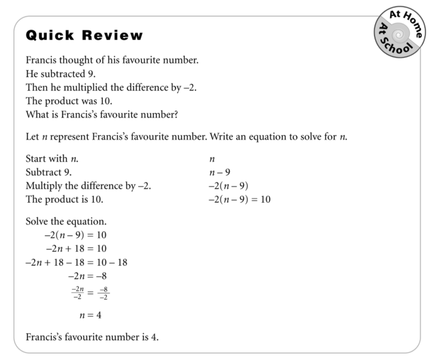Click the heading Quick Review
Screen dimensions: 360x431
tap(84, 36)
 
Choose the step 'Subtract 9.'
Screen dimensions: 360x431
tap(48, 173)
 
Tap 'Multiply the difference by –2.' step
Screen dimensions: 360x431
tap(88, 186)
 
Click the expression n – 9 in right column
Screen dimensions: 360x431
tap(219, 173)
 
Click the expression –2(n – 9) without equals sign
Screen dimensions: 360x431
tap(228, 186)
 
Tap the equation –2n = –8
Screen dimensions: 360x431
tap(87, 276)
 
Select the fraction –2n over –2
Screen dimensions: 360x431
tap(76, 293)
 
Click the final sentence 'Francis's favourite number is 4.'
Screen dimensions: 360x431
tap(92, 337)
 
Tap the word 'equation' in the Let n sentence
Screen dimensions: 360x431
tap(261, 137)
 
